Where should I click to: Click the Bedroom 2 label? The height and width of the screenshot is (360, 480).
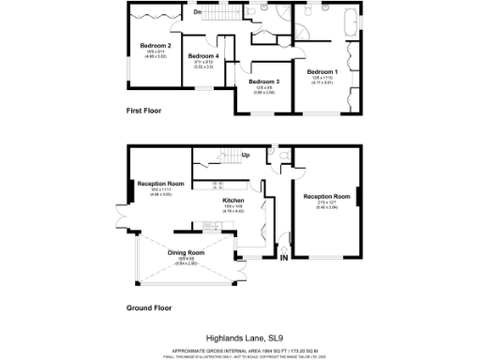click(x=155, y=45)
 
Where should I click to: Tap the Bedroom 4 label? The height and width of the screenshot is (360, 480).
click(x=203, y=56)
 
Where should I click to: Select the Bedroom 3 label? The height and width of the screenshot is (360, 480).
click(x=264, y=82)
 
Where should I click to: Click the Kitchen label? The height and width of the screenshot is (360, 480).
click(x=232, y=200)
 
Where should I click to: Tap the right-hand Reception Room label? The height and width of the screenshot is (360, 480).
click(x=326, y=197)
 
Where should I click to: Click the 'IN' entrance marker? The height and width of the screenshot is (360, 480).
click(x=284, y=259)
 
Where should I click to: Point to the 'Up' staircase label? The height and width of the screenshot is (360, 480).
click(x=246, y=155)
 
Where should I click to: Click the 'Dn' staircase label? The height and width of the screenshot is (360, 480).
click(x=198, y=11)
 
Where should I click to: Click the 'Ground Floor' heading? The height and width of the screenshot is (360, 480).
click(x=150, y=307)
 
